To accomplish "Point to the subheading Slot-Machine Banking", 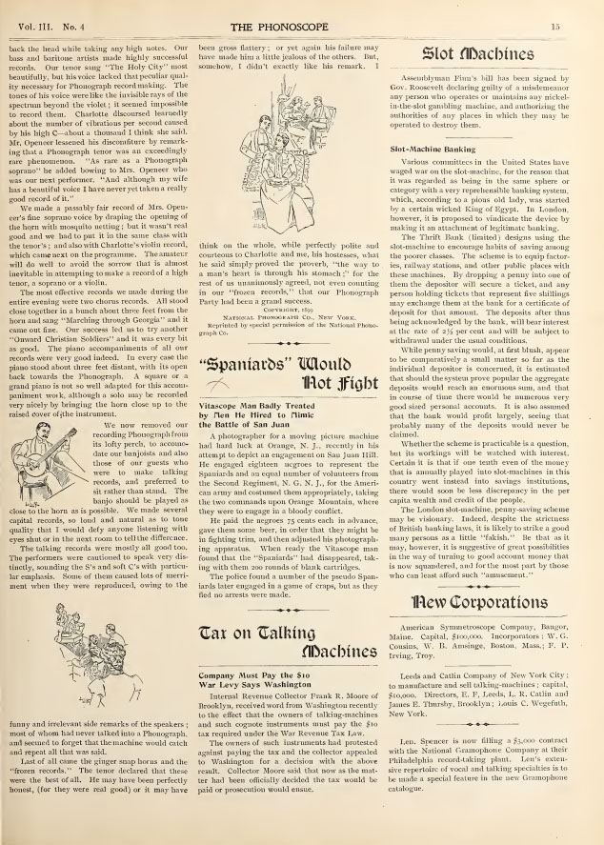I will (x=440, y=151).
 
